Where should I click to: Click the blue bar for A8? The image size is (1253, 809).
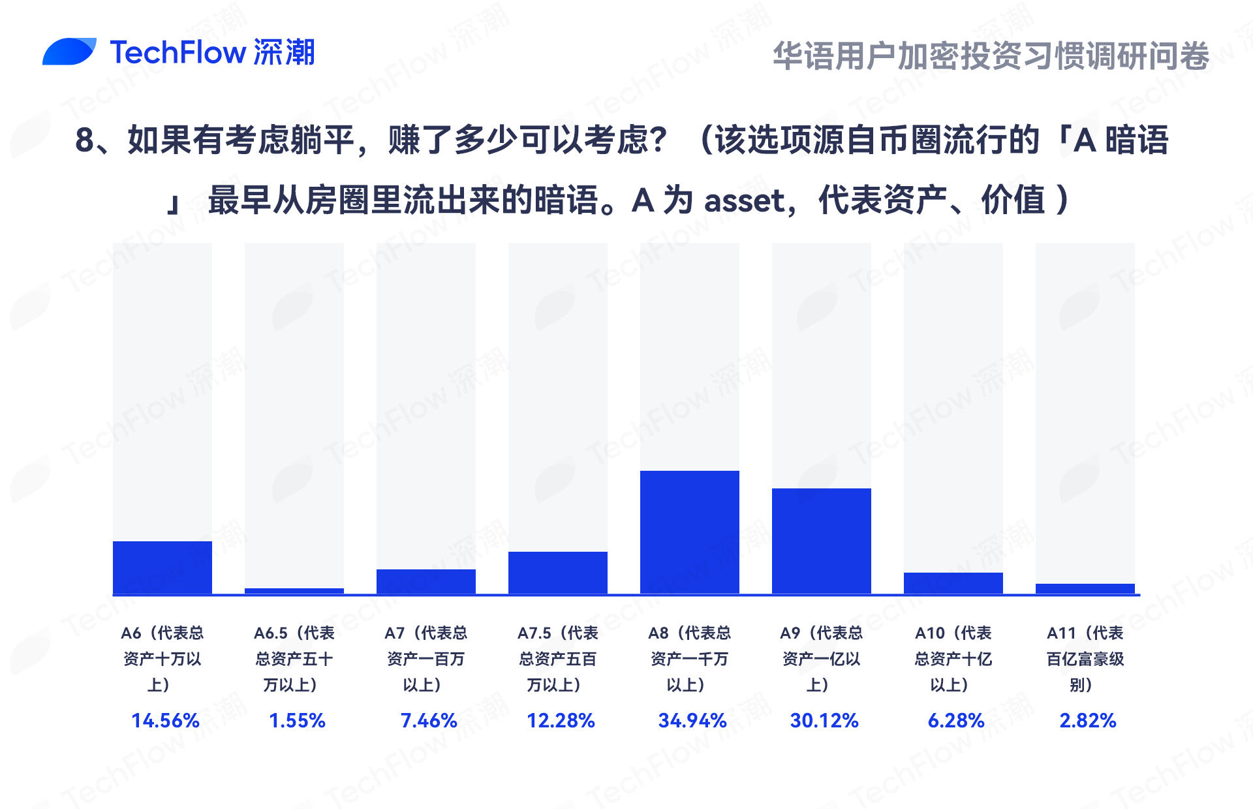(x=689, y=532)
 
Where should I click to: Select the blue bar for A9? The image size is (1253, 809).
(x=821, y=541)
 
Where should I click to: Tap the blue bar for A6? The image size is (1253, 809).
(x=162, y=567)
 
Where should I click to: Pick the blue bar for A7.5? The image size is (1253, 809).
(x=557, y=573)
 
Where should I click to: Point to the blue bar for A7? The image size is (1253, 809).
(x=425, y=581)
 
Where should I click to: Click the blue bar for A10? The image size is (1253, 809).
(x=953, y=583)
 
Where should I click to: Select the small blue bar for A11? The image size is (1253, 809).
(x=1085, y=588)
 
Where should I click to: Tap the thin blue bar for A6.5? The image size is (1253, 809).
(x=294, y=591)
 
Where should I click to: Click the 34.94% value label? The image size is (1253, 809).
(x=692, y=720)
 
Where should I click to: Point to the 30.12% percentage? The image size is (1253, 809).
(x=824, y=720)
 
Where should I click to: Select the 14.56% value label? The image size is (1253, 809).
(x=165, y=720)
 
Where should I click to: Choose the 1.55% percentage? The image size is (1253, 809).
(x=297, y=720)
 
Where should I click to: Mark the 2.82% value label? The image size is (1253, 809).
(x=1088, y=720)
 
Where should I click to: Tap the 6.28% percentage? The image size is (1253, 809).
(x=956, y=720)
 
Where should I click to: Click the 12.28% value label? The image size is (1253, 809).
(x=561, y=720)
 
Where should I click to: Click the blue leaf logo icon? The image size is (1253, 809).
(x=69, y=52)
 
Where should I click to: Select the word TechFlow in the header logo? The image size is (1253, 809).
(x=178, y=52)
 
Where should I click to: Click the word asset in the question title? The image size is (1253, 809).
(x=745, y=200)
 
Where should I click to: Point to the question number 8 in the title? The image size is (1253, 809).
(x=85, y=140)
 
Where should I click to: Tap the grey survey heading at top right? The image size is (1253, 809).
(x=991, y=56)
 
